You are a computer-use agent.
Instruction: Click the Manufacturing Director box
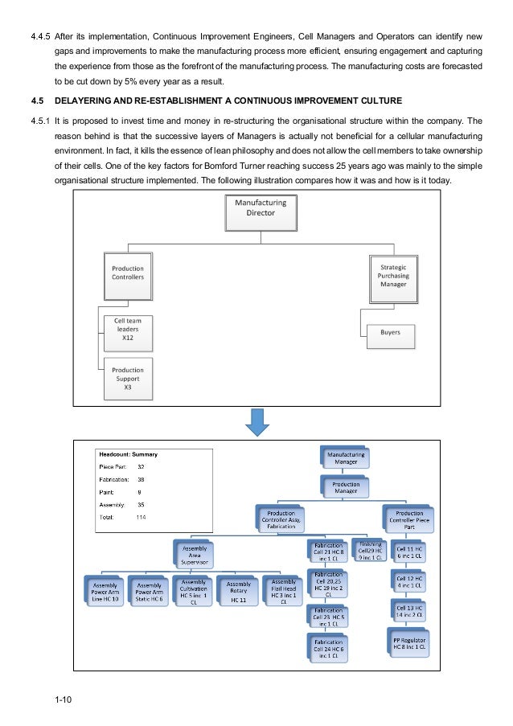(x=260, y=213)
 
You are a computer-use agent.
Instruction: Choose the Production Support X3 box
(x=128, y=376)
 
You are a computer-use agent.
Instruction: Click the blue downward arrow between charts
(x=256, y=421)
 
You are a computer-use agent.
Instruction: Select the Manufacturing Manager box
(x=345, y=458)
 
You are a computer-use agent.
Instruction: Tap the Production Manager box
(x=345, y=486)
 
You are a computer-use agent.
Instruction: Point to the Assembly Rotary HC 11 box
(x=239, y=591)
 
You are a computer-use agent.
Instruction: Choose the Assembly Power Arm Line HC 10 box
(x=105, y=592)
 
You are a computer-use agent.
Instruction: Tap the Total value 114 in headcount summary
(x=142, y=517)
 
